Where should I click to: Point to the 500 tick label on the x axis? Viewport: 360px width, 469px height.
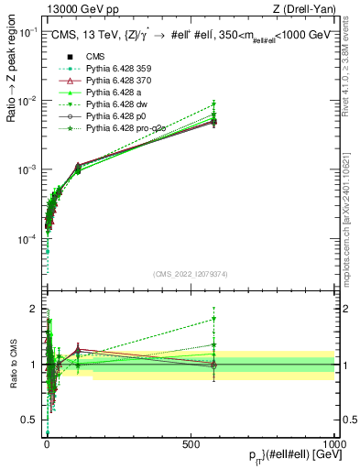pyautogui.click(x=190, y=442)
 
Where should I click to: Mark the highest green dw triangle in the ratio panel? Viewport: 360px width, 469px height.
pyautogui.click(x=213, y=320)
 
